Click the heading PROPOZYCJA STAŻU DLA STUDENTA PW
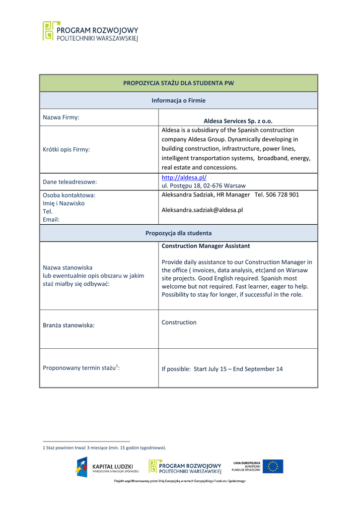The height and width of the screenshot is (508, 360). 178,83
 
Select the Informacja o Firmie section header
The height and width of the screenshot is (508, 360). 178,100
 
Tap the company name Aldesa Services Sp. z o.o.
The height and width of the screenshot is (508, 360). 238,121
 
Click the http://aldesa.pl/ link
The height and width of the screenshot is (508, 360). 184,177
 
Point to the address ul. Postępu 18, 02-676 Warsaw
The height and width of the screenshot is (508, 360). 204,186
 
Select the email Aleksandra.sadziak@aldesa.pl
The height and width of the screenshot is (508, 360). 202,210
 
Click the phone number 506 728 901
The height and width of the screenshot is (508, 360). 284,194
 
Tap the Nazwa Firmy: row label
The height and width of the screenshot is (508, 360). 61,118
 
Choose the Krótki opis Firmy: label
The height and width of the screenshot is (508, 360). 67,149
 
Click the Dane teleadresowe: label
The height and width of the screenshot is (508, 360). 70,182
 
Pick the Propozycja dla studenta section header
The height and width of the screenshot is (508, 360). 178,233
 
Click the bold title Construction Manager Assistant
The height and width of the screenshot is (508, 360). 206,246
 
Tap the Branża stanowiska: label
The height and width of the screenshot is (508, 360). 69,325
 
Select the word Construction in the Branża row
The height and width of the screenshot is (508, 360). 179,322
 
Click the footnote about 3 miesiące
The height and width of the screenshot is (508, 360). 105,447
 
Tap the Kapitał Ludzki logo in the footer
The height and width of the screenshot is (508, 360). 104,467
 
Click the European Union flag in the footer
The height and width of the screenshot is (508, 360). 273,466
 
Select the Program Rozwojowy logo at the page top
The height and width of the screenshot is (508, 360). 90,31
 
